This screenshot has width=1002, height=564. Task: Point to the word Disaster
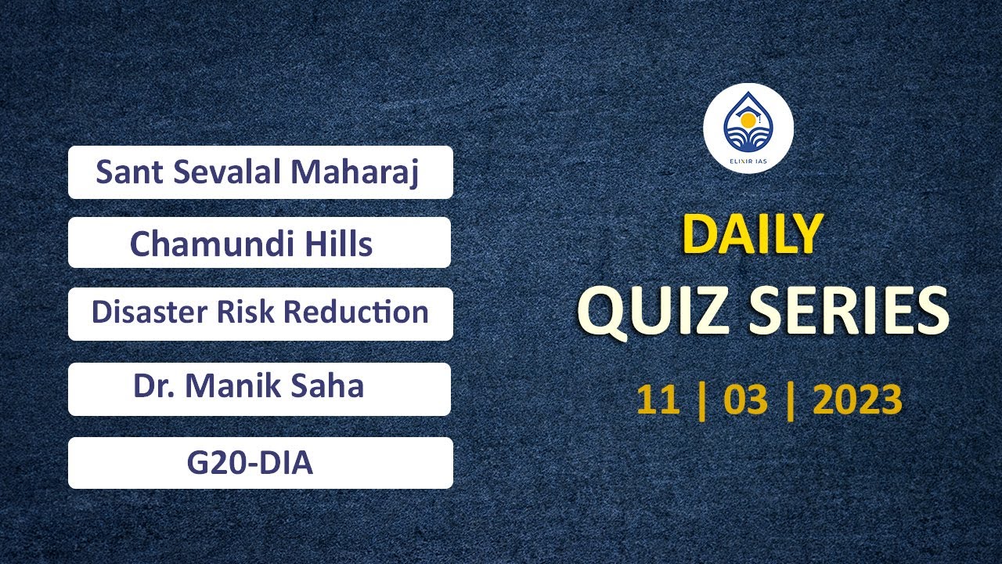(x=143, y=312)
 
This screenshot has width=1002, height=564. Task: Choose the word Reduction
(x=356, y=312)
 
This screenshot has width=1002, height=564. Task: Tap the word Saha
(x=333, y=386)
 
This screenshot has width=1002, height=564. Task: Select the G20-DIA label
(x=250, y=463)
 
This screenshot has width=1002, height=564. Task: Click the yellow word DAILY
(x=752, y=234)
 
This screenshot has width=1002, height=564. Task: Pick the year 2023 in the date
(x=858, y=400)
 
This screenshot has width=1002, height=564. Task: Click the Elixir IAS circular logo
(x=748, y=128)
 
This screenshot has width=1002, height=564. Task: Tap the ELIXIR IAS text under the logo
(x=748, y=163)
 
